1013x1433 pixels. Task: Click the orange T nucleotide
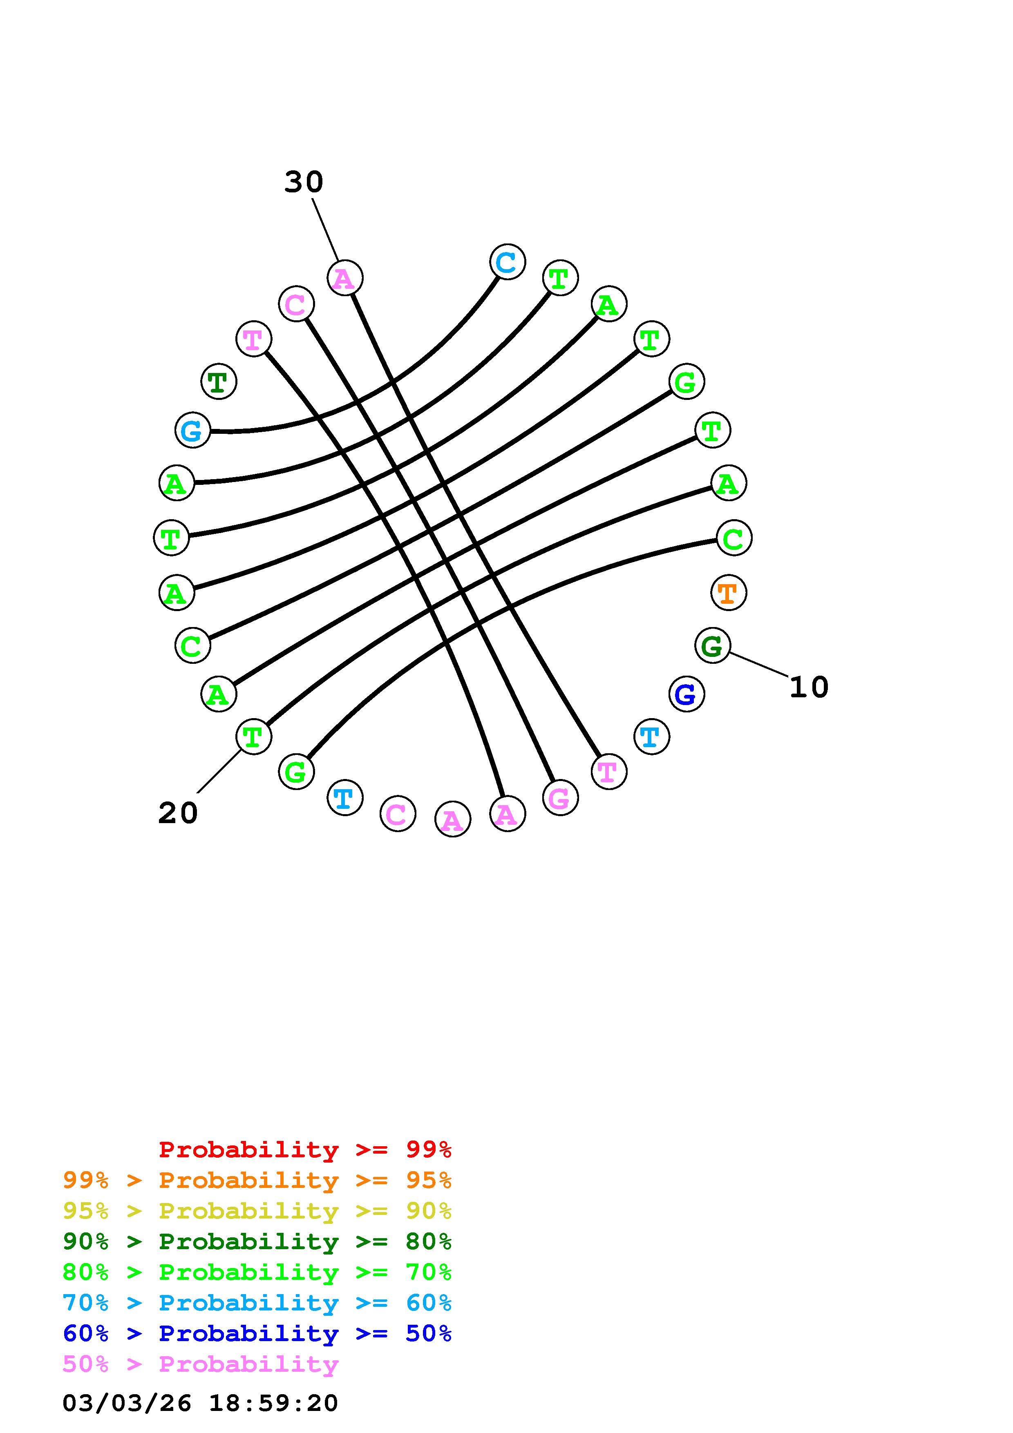point(728,592)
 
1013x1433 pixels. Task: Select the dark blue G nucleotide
point(686,694)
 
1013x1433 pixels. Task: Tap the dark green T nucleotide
point(219,382)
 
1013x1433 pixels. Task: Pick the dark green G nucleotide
point(712,645)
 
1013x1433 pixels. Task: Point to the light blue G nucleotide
point(192,430)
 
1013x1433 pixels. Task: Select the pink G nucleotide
point(560,798)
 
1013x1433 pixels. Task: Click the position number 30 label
point(304,182)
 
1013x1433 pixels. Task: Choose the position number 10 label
point(809,687)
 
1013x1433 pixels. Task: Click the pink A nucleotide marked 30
point(344,278)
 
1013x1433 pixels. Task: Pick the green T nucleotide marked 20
point(253,737)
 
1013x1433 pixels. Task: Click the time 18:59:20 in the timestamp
point(273,1403)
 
